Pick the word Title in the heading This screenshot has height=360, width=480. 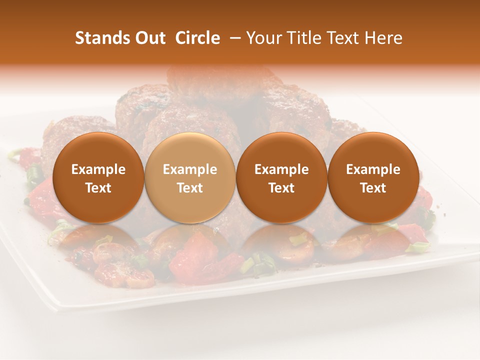[307, 38]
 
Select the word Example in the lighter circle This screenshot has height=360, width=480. [190, 169]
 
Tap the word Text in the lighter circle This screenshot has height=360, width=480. [190, 188]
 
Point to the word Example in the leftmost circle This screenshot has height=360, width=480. [98, 169]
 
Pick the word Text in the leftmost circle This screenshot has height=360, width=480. [98, 188]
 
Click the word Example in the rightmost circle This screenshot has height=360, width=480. [373, 169]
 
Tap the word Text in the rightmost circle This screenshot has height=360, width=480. [373, 188]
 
